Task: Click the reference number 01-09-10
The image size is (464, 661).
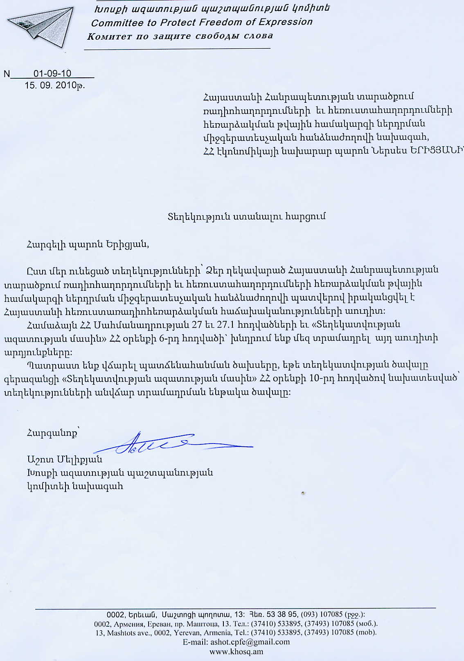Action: (52, 74)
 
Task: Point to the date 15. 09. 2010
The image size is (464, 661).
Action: (51, 85)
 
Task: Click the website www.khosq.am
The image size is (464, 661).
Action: (236, 651)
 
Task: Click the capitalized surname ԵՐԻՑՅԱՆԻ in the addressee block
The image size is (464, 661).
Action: (436, 150)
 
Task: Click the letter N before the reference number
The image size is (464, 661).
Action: (7, 74)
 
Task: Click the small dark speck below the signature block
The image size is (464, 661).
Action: (303, 493)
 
